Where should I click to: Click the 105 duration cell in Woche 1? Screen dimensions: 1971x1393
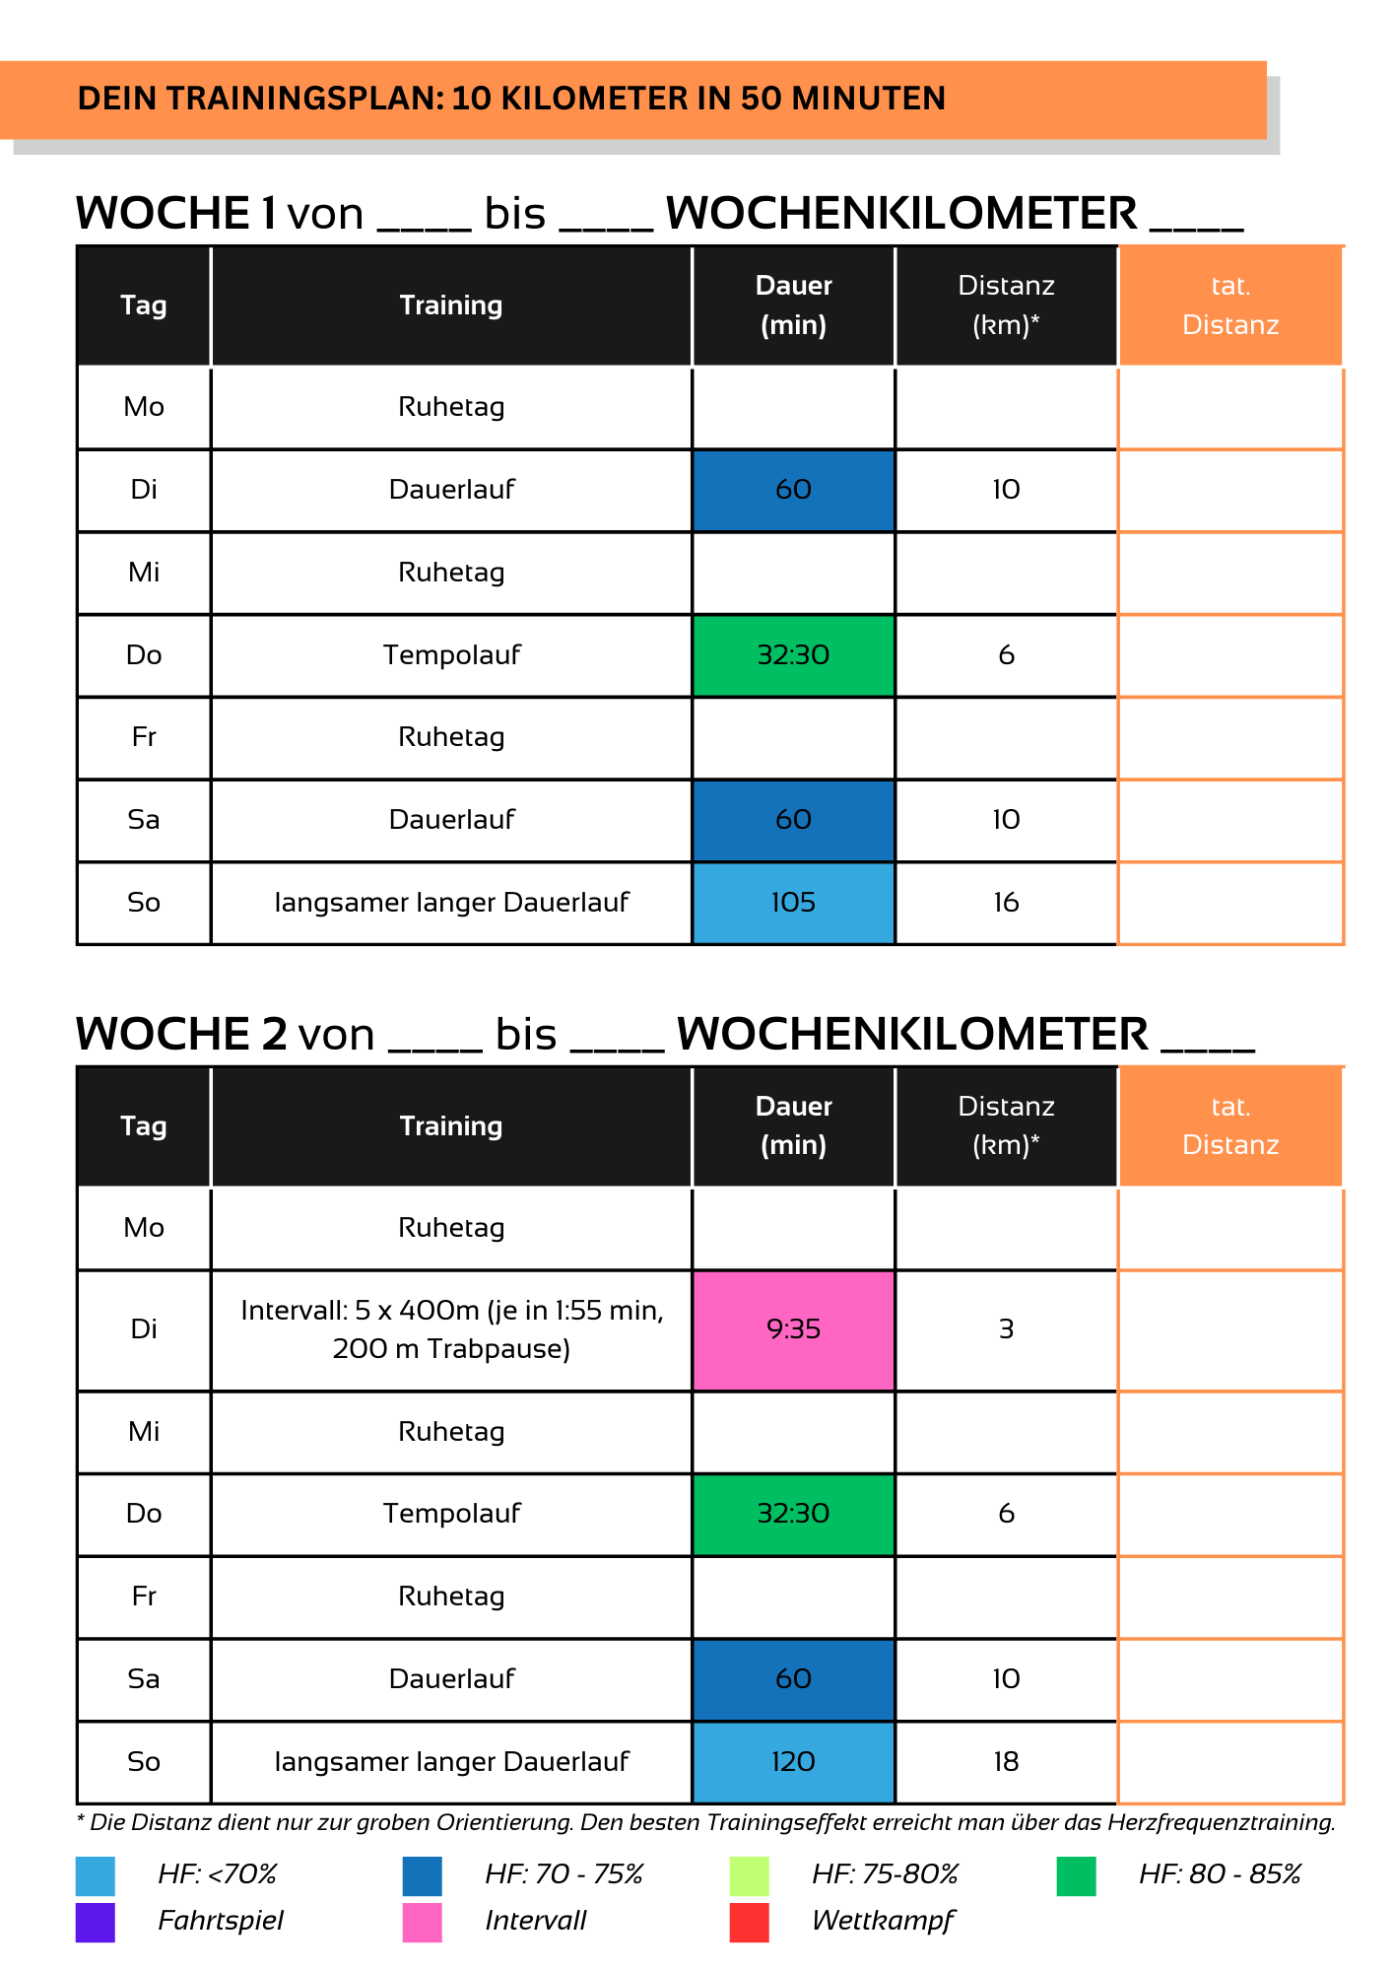click(x=793, y=903)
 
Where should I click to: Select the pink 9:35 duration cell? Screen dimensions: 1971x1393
click(x=793, y=1329)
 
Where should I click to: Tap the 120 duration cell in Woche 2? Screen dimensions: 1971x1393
click(x=793, y=1762)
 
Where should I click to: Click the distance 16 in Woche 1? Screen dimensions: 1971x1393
click(x=1006, y=903)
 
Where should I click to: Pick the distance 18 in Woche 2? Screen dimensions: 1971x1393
click(x=1006, y=1762)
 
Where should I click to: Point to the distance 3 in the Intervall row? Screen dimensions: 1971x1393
click(x=1006, y=1329)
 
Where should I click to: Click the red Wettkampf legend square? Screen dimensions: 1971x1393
click(x=749, y=1923)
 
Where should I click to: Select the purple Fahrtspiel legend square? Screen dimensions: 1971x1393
click(x=96, y=1923)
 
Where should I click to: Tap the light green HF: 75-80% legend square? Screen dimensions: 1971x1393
click(x=749, y=1875)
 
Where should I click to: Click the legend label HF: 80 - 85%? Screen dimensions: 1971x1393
click(x=1220, y=1874)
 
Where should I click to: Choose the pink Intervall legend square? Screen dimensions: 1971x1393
click(x=422, y=1923)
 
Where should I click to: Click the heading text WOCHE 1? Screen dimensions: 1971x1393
click(x=176, y=213)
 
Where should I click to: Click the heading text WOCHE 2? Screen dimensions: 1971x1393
click(x=181, y=1034)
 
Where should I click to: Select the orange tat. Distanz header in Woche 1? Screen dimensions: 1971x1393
click(x=1230, y=306)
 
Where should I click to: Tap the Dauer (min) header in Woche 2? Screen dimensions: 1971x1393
click(x=793, y=1125)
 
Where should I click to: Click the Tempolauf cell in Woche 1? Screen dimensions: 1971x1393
click(x=451, y=655)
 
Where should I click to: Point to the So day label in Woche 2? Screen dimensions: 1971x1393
click(x=144, y=1762)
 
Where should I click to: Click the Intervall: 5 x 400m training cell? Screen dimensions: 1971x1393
click(x=451, y=1329)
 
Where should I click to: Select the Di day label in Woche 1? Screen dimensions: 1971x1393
click(x=144, y=490)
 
